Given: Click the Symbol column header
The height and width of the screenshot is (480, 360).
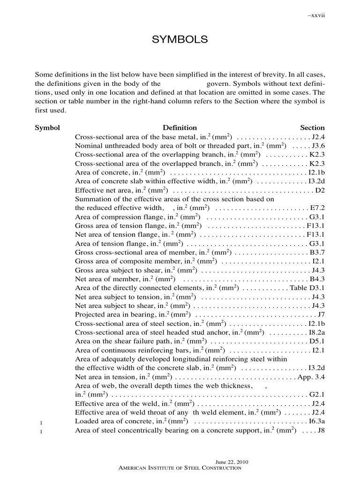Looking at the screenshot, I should pos(47,127).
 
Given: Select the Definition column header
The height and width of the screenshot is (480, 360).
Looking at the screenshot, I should pos(180,127).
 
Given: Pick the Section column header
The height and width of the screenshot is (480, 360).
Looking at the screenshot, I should pos(312,127).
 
